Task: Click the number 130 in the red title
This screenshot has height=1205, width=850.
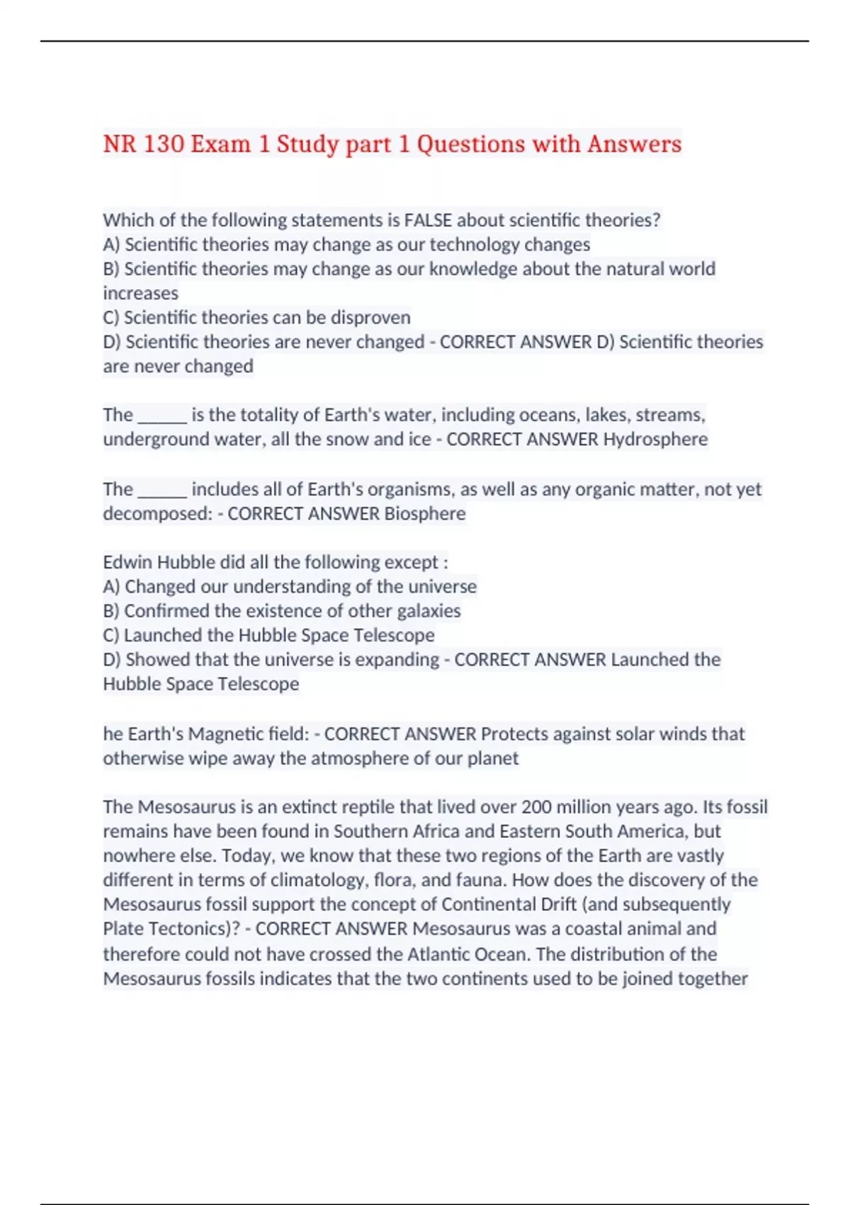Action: coord(163,144)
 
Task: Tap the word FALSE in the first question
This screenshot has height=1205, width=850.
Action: coord(428,220)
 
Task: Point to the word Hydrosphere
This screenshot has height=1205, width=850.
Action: coord(655,439)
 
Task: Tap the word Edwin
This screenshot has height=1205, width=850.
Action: coord(127,562)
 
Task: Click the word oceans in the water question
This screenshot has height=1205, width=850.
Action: coord(549,415)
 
